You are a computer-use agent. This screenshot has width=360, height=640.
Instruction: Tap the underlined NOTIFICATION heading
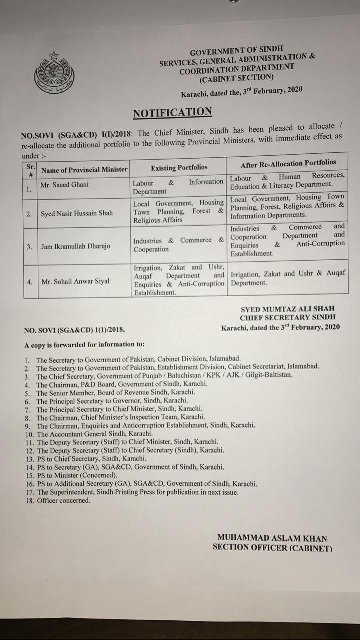point(172,113)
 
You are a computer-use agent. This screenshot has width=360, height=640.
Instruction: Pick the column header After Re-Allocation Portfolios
point(288,163)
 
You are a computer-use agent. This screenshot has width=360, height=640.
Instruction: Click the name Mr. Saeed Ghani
point(65,184)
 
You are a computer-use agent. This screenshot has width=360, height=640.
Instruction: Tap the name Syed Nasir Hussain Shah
point(76,213)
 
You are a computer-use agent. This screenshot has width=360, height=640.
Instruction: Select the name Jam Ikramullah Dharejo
point(76,246)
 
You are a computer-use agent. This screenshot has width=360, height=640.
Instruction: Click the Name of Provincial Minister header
point(84,170)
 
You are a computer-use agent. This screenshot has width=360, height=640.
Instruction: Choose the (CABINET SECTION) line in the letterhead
point(236,78)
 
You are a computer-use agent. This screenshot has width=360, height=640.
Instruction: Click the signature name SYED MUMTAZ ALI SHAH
point(287,309)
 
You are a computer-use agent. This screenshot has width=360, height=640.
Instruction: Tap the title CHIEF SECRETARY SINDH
point(287,317)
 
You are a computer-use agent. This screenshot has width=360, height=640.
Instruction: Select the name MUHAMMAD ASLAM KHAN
point(272,538)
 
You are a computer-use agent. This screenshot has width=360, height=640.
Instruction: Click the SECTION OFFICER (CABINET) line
point(272,547)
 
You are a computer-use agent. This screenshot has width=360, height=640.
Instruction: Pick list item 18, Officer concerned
point(60,500)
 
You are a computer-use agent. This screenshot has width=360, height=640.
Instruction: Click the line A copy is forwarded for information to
point(85,344)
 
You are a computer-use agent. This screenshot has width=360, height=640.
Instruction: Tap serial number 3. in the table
point(30,246)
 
